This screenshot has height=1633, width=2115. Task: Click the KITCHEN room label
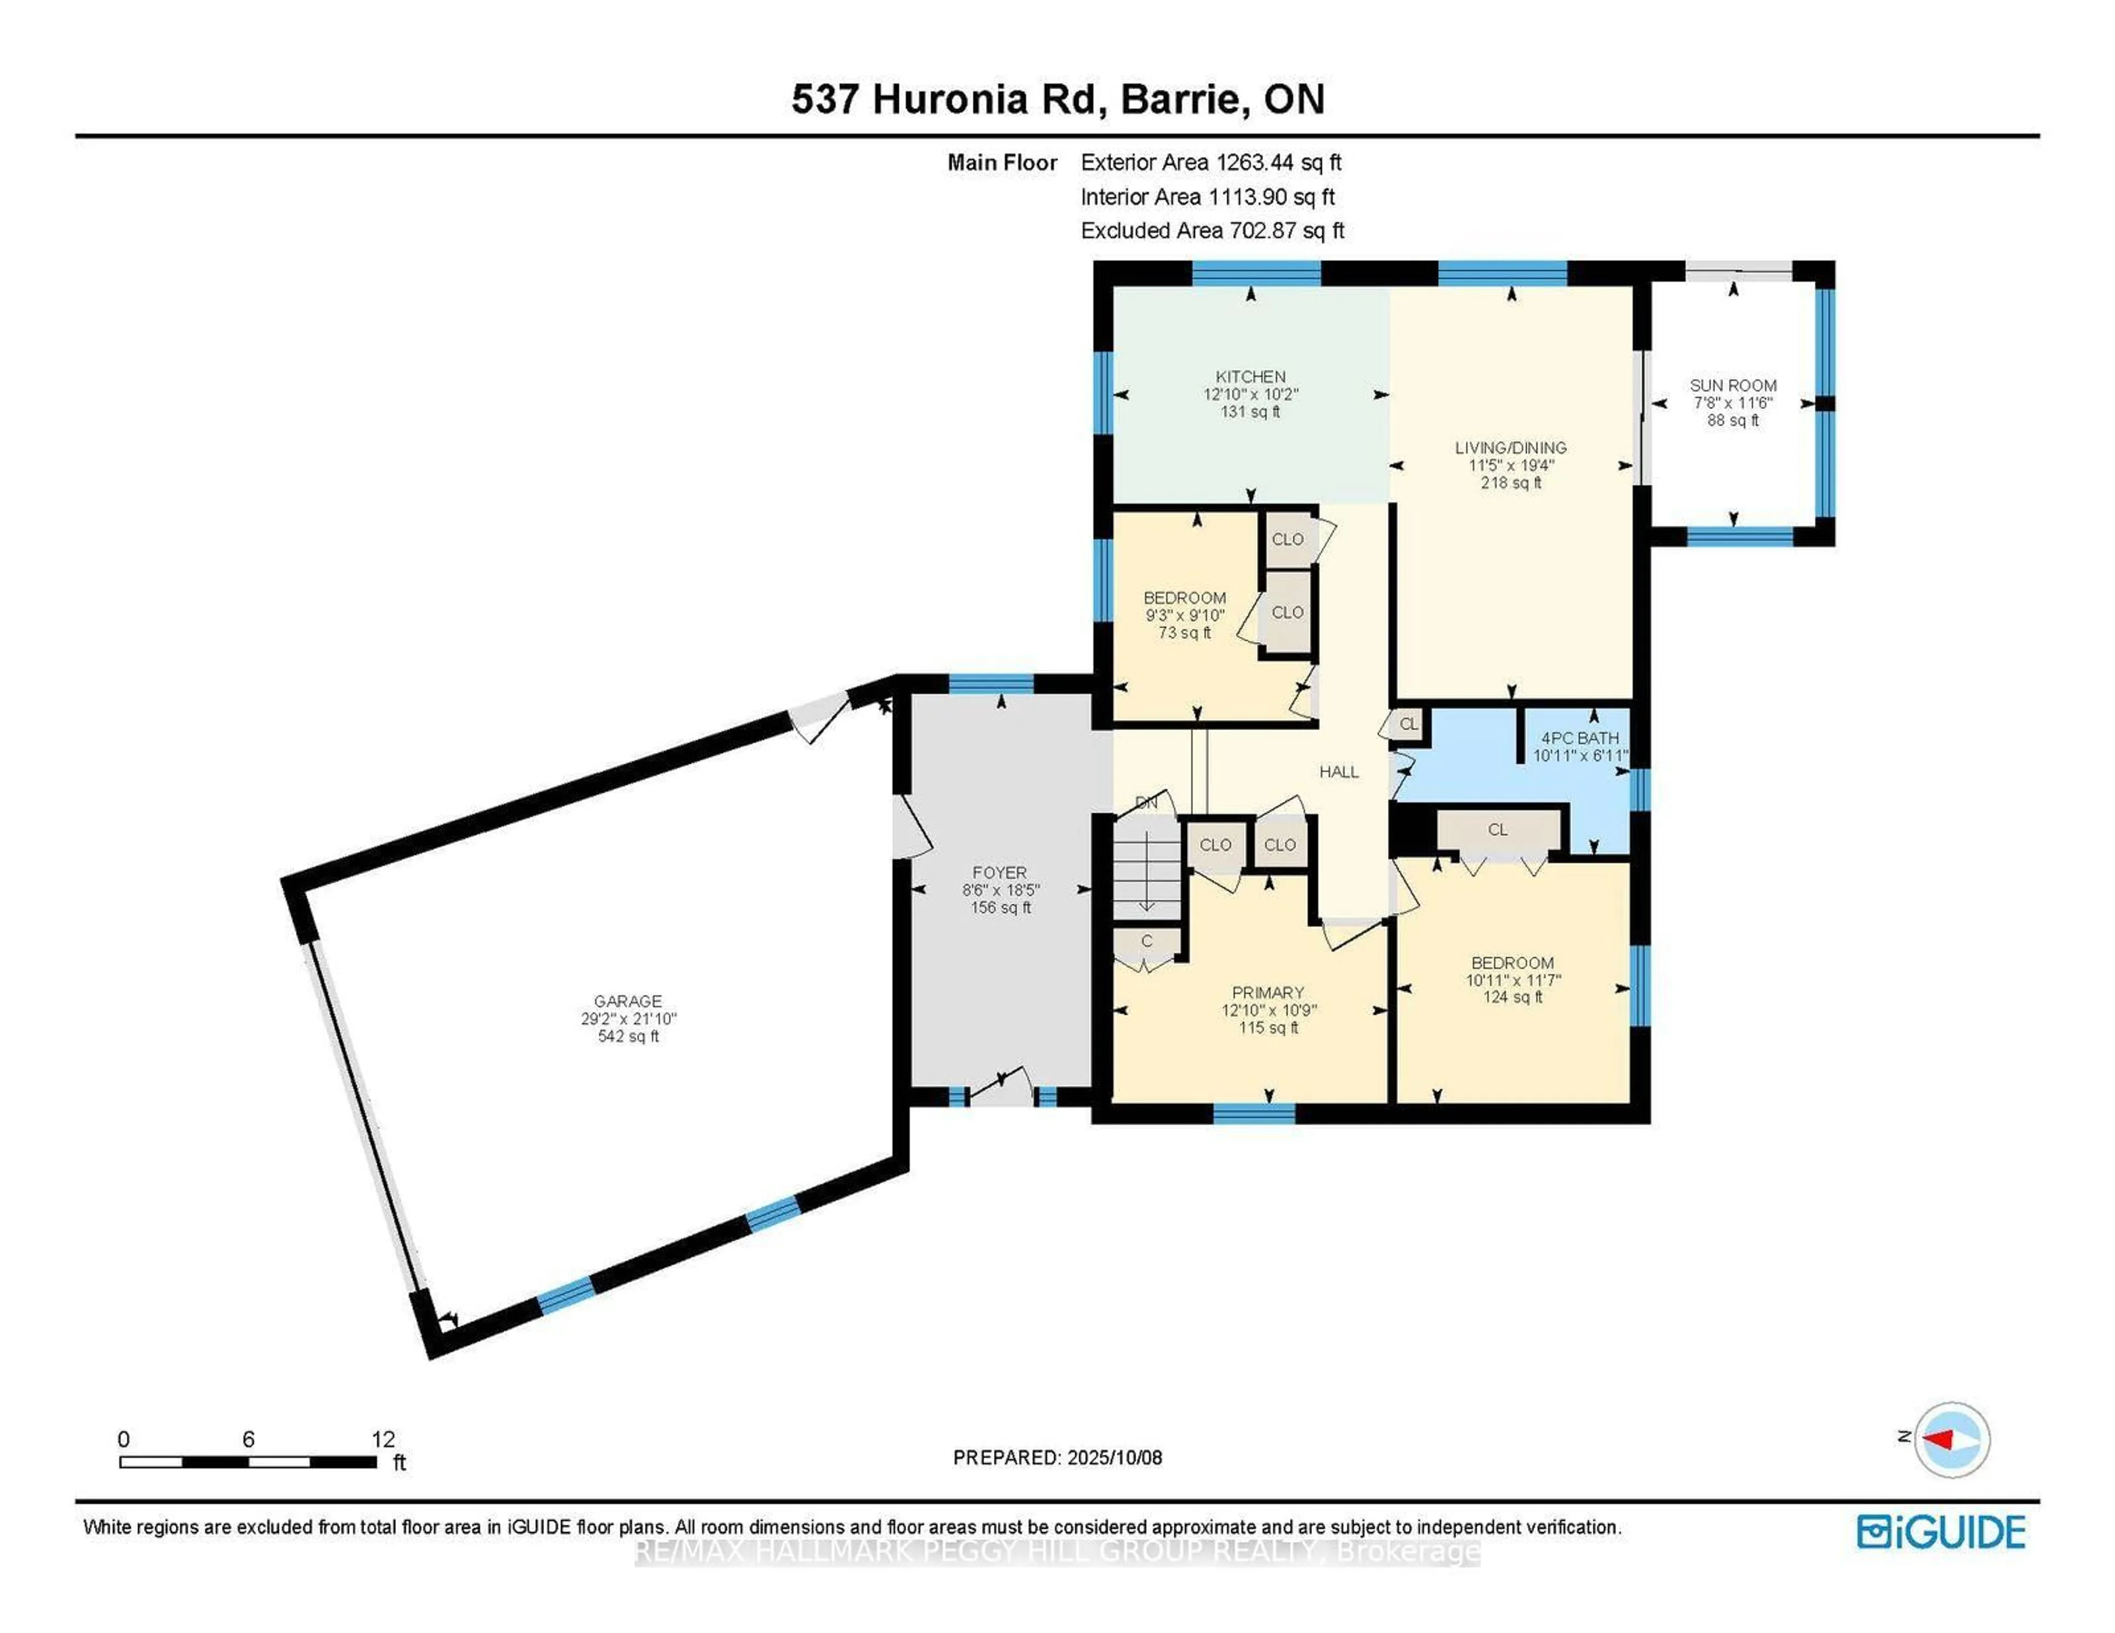pyautogui.click(x=1250, y=377)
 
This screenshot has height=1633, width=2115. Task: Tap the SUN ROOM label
pyautogui.click(x=1732, y=385)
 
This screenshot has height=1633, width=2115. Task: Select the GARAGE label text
pyautogui.click(x=627, y=1001)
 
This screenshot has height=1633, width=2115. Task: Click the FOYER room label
pyautogui.click(x=1000, y=872)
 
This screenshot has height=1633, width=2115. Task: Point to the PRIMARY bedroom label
pyautogui.click(x=1268, y=992)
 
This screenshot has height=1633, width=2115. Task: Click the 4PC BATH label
pyautogui.click(x=1580, y=738)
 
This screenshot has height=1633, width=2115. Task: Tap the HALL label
pyautogui.click(x=1338, y=771)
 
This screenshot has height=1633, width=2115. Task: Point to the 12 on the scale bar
pyautogui.click(x=383, y=1439)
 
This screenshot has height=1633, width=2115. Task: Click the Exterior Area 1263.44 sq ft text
pyautogui.click(x=1211, y=162)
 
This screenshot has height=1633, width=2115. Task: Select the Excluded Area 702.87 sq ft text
pyautogui.click(x=1212, y=230)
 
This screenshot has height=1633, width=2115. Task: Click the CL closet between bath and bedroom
pyautogui.click(x=1497, y=830)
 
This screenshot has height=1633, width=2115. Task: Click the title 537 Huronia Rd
pyautogui.click(x=944, y=100)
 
